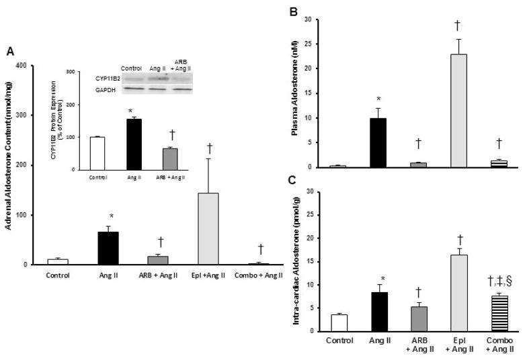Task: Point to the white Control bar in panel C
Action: pos(339,323)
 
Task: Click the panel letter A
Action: pos(9,51)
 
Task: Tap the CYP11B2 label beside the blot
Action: pos(98,79)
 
